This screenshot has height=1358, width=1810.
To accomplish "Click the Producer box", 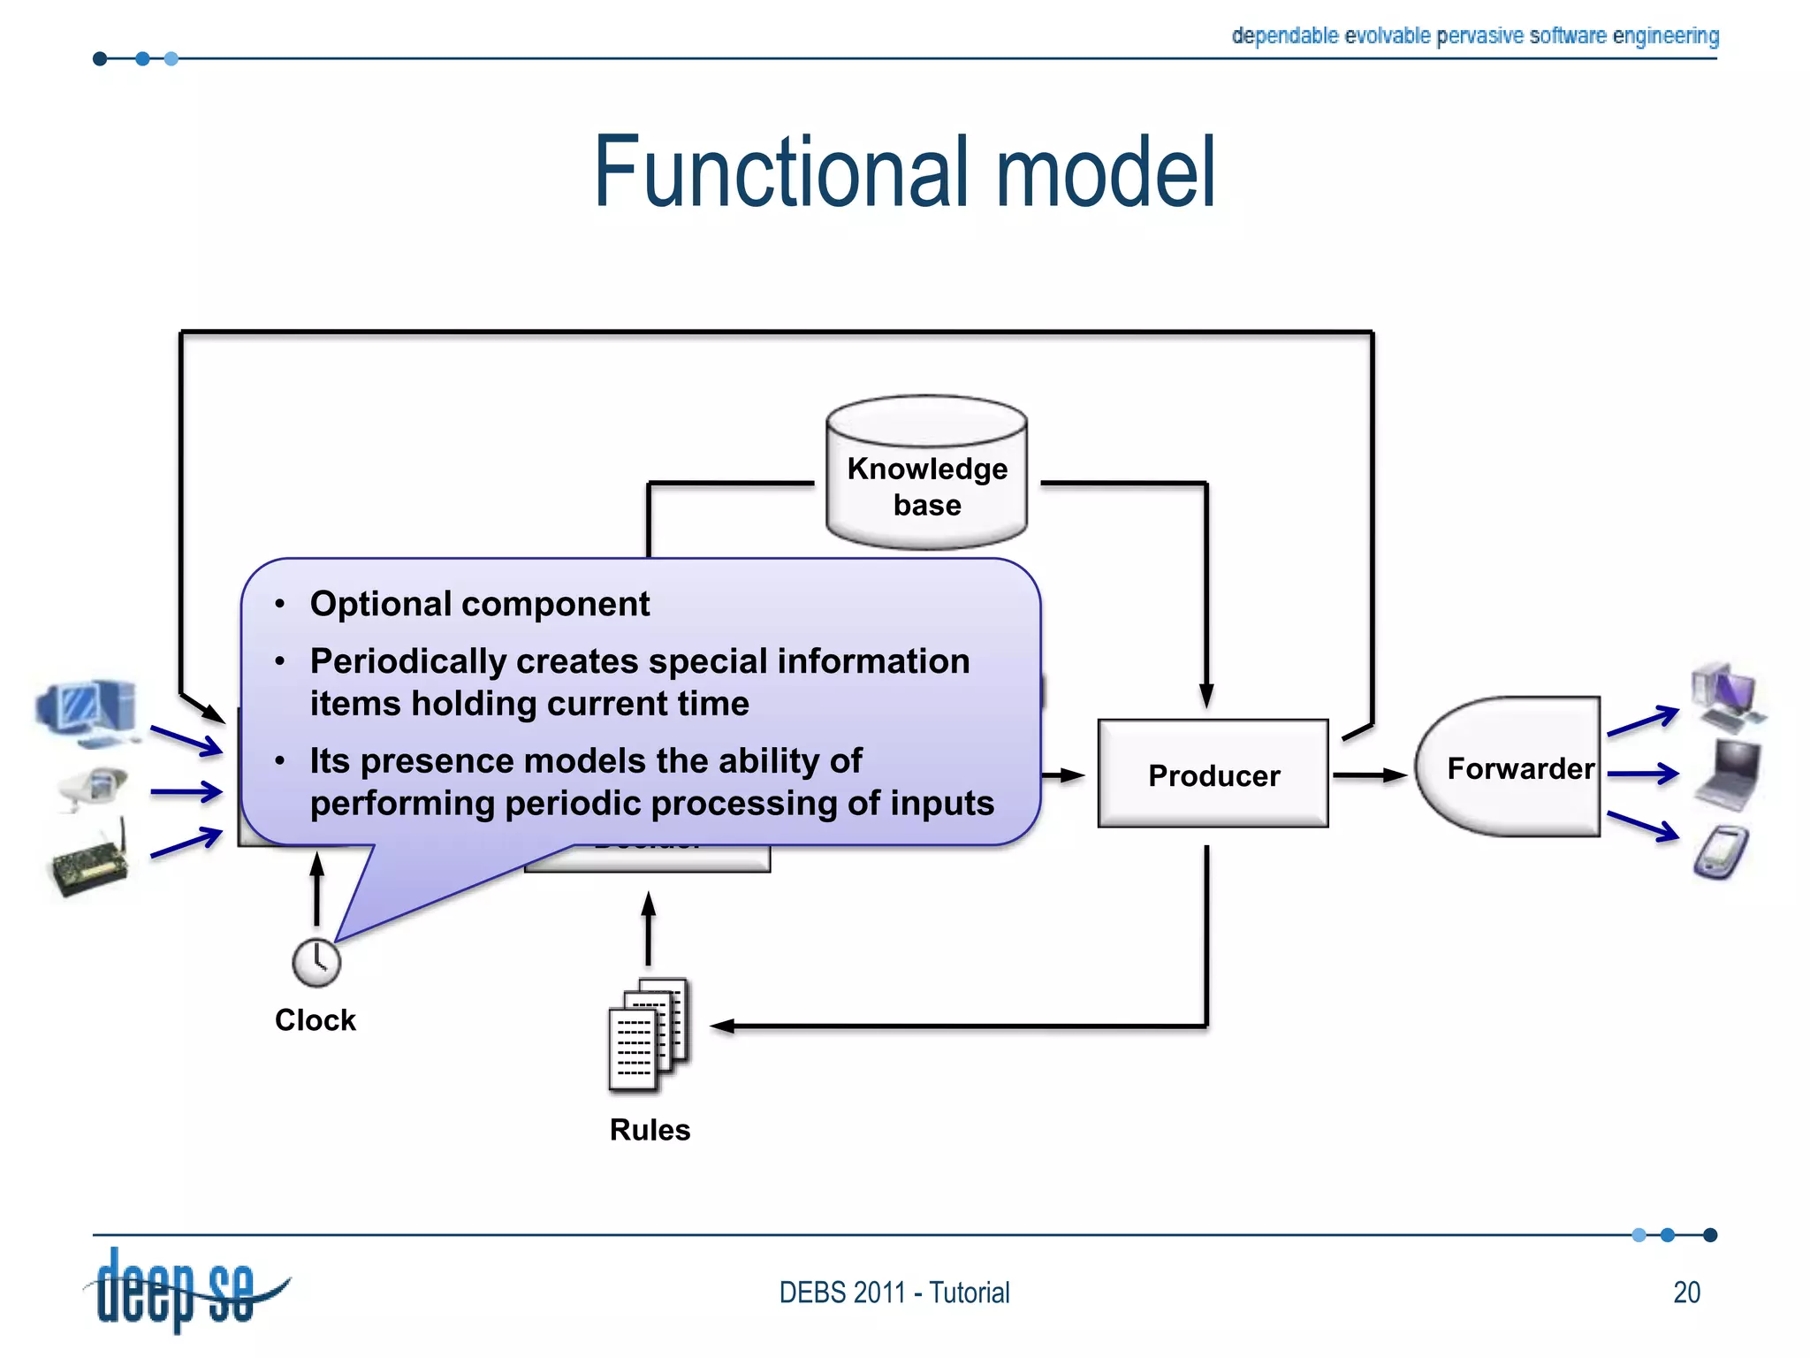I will coord(1213,774).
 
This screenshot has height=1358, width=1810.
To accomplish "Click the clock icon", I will coord(316,962).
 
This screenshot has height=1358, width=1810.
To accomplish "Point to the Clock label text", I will coord(315,1019).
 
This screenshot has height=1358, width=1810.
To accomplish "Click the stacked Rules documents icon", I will coord(649,1033).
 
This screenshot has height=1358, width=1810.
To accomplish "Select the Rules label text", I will coord(650,1129).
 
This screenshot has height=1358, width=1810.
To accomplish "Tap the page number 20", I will coord(1686,1292).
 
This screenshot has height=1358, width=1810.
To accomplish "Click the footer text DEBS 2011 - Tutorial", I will coord(894,1292).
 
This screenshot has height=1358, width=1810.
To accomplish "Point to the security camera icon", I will coord(93,786).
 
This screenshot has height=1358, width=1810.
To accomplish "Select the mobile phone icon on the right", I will coord(1722,852).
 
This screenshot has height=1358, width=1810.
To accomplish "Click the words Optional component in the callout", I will coord(479,604).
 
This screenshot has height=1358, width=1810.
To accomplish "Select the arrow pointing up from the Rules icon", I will coord(649,928).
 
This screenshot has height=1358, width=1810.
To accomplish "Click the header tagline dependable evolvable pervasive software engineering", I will coord(1474,35).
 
